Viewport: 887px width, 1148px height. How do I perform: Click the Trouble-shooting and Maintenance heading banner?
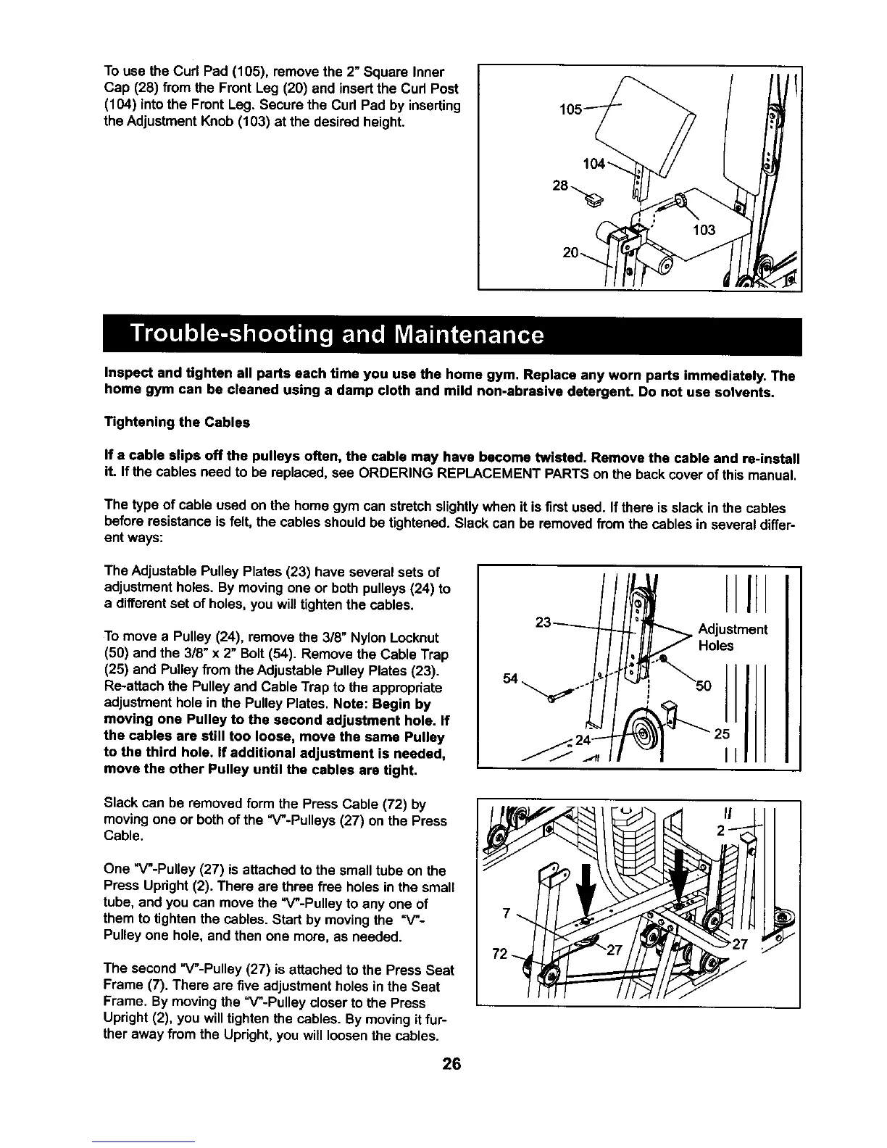336,336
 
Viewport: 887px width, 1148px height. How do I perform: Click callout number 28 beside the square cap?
559,186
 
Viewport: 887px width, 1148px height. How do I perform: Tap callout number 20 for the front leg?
571,253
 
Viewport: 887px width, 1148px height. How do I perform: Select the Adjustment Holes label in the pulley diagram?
732,637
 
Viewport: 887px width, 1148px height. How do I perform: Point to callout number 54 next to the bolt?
512,678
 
